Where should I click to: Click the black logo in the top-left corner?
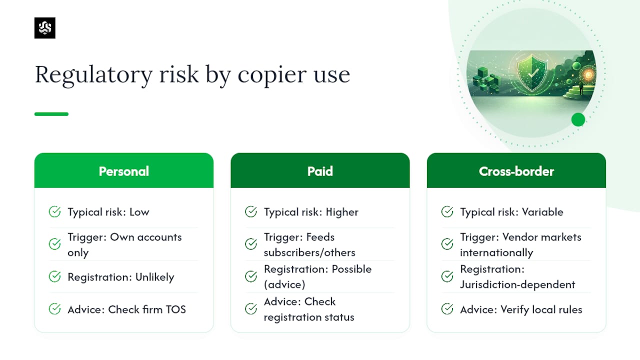(x=45, y=27)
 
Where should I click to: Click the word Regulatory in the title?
(x=93, y=75)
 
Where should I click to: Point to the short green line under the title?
(x=51, y=114)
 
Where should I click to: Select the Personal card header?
(x=123, y=170)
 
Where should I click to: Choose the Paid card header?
(x=320, y=170)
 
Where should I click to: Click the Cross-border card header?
(x=516, y=170)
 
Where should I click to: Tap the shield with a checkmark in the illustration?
(x=532, y=73)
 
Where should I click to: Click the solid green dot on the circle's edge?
(x=578, y=119)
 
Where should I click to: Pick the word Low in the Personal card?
(x=139, y=212)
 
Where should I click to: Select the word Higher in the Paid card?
(x=342, y=212)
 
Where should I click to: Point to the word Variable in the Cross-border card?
(x=542, y=212)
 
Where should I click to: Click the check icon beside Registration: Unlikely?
(x=54, y=276)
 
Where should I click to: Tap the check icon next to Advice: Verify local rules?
(x=447, y=309)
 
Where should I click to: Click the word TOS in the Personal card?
(x=175, y=309)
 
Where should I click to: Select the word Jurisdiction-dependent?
(x=517, y=284)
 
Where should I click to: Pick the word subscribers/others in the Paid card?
(x=309, y=252)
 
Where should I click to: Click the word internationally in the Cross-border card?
(x=496, y=252)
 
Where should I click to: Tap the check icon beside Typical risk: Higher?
(x=251, y=211)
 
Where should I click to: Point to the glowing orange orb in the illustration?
(x=588, y=75)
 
